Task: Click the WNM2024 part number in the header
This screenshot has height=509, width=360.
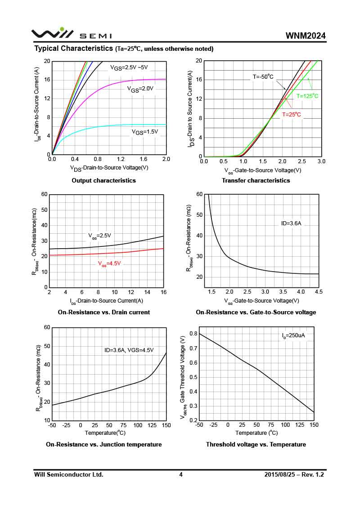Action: tap(305, 36)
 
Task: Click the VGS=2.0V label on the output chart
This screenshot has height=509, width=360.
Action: tap(140, 89)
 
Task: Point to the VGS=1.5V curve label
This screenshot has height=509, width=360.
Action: tap(145, 132)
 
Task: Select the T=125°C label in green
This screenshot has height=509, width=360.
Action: tap(307, 96)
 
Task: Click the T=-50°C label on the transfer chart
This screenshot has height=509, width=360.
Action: tap(263, 77)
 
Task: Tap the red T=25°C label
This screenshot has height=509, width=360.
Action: tap(292, 115)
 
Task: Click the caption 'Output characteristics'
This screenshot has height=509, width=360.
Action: tap(103, 180)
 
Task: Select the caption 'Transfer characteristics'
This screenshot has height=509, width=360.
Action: tap(256, 180)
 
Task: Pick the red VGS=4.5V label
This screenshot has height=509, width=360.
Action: tap(109, 264)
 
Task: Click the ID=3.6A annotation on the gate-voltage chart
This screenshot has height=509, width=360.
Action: tap(291, 223)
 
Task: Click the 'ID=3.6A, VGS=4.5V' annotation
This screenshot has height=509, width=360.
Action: tap(129, 350)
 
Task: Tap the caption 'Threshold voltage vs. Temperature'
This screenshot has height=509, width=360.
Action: tap(256, 444)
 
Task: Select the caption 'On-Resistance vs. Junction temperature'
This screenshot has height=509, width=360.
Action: tap(103, 444)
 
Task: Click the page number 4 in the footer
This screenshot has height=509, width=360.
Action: tap(181, 474)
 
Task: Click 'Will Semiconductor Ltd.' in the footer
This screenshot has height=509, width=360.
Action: tap(69, 474)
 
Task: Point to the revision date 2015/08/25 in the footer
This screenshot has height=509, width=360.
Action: tap(280, 474)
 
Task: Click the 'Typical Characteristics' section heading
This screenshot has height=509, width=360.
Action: tap(73, 48)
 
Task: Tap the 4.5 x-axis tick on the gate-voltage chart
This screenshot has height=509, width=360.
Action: tap(319, 292)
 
